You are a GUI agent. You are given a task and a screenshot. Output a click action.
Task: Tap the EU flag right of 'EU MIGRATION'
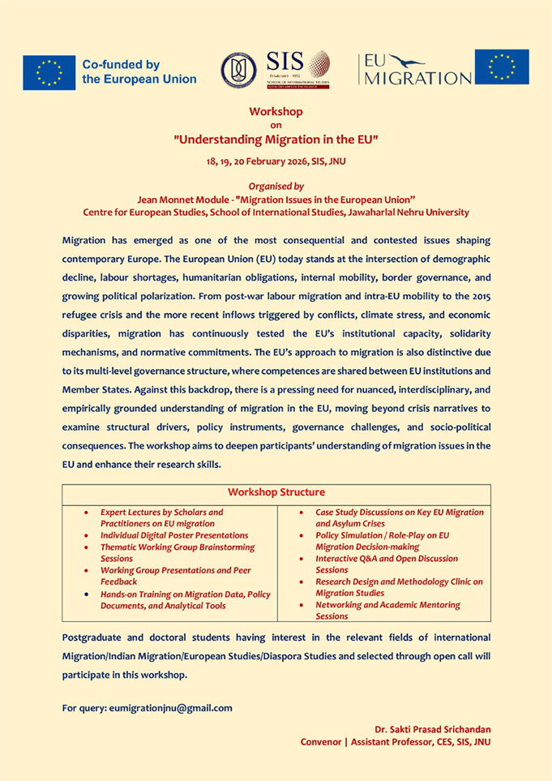coord(502,67)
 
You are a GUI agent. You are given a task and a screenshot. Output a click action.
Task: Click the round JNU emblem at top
coord(239,70)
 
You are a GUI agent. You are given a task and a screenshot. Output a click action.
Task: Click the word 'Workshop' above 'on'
coord(276,111)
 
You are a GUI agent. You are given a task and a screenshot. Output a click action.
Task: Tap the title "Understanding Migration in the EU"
coord(276,139)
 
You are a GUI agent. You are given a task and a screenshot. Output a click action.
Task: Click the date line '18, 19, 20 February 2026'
coord(276,161)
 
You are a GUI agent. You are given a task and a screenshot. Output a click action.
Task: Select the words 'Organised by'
coord(276,186)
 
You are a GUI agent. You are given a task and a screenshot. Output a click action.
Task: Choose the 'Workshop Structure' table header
coord(276,492)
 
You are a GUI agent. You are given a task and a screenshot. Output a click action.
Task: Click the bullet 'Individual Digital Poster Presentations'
coord(173,535)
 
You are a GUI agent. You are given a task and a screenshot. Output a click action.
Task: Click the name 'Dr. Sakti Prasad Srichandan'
coord(433,730)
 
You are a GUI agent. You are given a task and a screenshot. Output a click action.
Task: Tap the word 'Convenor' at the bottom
coord(324,741)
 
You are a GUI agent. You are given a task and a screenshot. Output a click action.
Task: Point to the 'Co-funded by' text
coord(121,64)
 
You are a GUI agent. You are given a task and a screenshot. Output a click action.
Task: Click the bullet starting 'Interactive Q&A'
coord(386,564)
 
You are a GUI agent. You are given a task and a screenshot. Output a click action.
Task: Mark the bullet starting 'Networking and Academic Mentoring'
coord(387,610)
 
